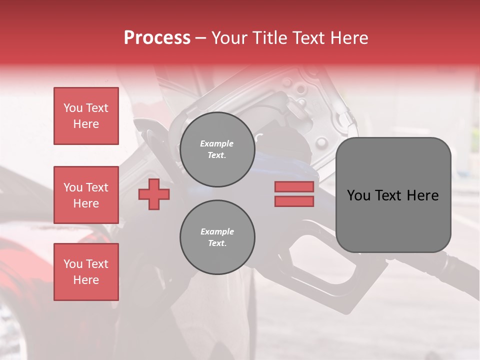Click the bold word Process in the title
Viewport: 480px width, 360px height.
(157, 38)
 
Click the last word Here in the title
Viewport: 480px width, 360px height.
(349, 38)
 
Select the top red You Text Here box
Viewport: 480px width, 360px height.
(86, 116)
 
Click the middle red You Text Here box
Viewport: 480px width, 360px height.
(86, 195)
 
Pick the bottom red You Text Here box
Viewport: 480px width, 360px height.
(86, 272)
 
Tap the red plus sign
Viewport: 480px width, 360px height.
(153, 194)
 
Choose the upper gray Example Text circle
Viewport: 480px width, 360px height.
(217, 149)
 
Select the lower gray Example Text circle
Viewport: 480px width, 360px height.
(217, 237)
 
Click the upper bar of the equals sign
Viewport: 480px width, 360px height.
(294, 186)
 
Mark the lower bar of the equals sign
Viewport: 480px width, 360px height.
(294, 201)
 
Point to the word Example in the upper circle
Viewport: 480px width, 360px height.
(217, 143)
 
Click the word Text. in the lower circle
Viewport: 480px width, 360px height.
(217, 243)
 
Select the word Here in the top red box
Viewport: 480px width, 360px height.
(86, 124)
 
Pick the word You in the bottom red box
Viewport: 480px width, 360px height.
(72, 264)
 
